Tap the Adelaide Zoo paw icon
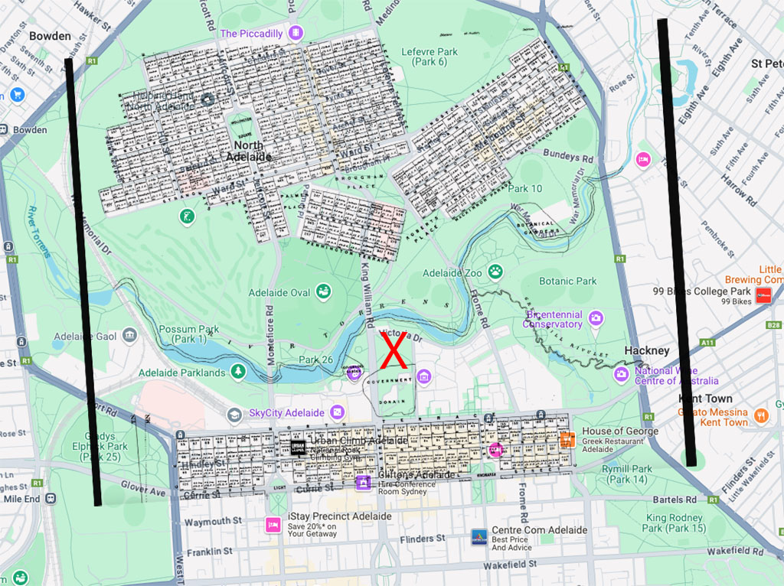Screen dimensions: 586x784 (497, 272)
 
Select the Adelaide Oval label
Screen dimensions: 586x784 (279, 292)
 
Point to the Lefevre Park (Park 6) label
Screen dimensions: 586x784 (430, 57)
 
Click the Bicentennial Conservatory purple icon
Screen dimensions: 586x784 (596, 318)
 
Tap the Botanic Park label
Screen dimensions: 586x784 (567, 281)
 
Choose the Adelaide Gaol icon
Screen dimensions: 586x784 (129, 336)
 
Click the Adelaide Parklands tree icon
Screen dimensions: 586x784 (238, 372)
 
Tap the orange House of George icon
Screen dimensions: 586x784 (567, 439)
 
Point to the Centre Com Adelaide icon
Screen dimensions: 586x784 (479, 536)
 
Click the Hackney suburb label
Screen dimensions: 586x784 (646, 350)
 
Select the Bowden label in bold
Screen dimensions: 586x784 (50, 36)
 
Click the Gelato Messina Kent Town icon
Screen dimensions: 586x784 (761, 415)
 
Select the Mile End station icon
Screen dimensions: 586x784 (51, 498)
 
